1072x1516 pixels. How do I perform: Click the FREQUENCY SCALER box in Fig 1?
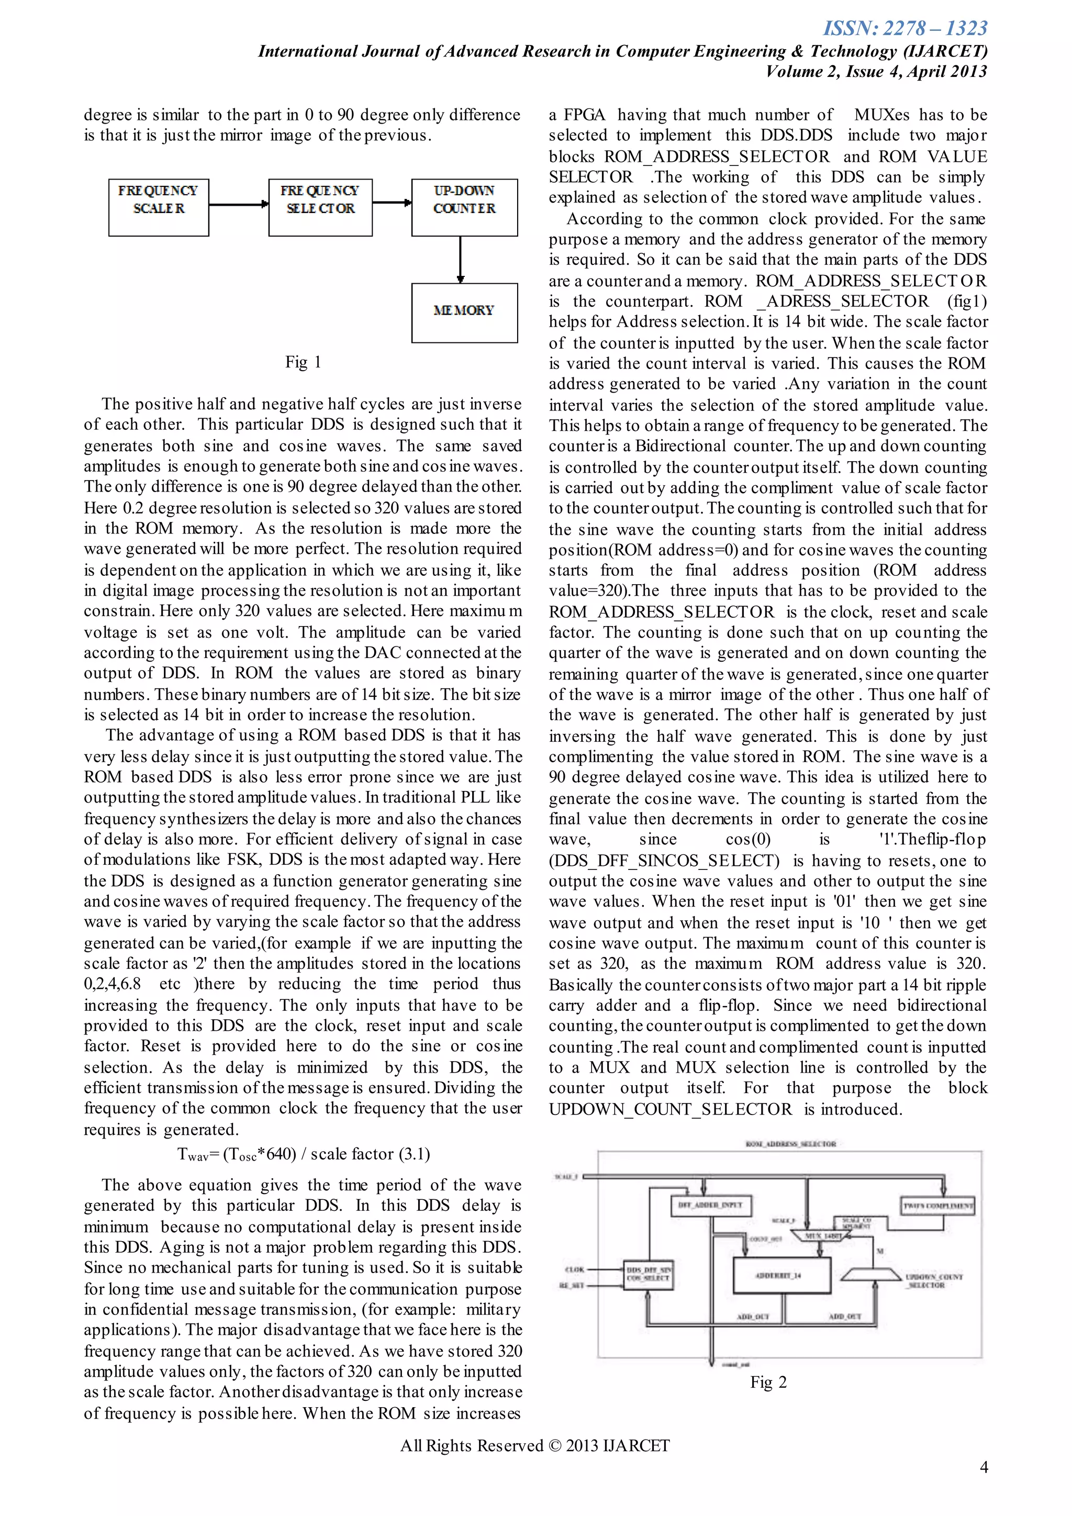159,207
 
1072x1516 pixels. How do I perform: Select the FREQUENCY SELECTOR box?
320,207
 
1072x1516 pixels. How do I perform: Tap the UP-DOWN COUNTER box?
464,207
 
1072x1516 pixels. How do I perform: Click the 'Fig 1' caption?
303,362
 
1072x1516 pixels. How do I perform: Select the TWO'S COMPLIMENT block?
938,1205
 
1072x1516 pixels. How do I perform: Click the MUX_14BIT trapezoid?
822,1235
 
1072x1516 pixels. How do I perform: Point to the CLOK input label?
575,1269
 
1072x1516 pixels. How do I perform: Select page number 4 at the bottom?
984,1467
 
